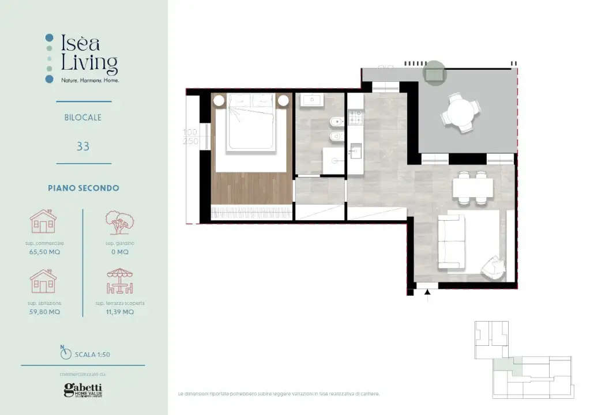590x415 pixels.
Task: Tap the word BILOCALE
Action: (83, 118)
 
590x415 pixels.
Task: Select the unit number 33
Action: (83, 146)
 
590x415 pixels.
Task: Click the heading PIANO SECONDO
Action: (83, 188)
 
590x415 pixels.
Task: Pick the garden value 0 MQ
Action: (120, 252)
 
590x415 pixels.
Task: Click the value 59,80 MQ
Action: (44, 312)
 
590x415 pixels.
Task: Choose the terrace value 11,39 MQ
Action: (120, 312)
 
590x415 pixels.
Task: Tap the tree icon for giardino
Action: (120, 223)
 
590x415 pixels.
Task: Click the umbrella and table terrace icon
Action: (120, 282)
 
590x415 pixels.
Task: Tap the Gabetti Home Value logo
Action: (83, 390)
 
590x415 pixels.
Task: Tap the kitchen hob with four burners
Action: (355, 119)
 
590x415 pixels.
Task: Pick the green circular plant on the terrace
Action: (434, 73)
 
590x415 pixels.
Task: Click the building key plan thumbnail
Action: (522, 359)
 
